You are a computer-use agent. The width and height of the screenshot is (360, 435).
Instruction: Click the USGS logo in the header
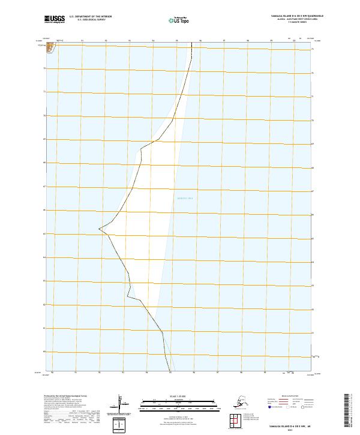pos(53,20)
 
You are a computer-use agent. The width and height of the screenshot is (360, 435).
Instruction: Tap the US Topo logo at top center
pos(181,20)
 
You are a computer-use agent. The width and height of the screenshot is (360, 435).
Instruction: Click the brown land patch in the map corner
pos(50,46)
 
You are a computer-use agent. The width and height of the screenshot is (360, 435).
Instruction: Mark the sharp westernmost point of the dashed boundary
pos(99,228)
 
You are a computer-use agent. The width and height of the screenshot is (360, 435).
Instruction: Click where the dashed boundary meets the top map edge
pos(192,43)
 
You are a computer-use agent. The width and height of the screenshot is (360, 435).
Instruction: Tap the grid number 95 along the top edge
pos(177,40)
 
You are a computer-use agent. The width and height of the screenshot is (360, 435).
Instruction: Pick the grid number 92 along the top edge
pos(106,40)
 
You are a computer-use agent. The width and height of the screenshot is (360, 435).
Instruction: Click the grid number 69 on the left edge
pos(44,139)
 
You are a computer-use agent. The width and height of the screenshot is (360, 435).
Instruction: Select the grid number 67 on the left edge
pos(44,186)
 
